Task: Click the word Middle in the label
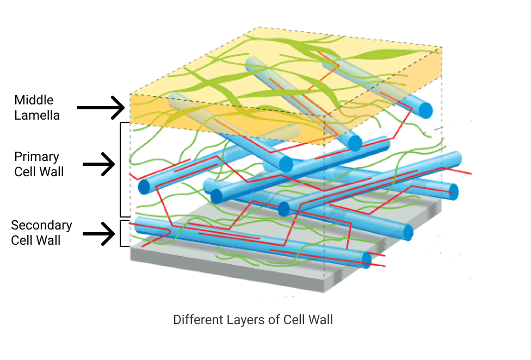[34, 100]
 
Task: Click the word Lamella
[37, 115]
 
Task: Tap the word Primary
[36, 157]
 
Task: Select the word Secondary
[41, 225]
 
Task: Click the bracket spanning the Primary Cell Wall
[121, 170]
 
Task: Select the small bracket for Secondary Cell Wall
[121, 233]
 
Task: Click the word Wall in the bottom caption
[320, 320]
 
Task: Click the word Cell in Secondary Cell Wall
[23, 240]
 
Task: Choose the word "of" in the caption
[273, 320]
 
